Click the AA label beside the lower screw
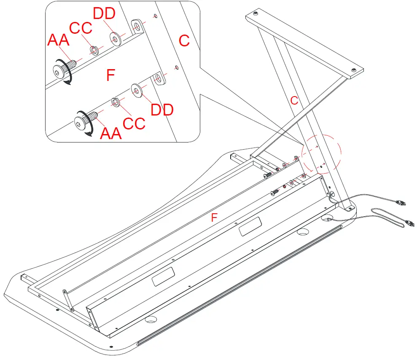coord(110,133)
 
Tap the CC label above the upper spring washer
coord(81,28)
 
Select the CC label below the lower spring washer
coord(134,123)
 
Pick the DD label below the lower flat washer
coord(162,110)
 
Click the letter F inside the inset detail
coord(110,75)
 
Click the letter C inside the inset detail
coord(184,40)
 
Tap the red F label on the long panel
coord(214,218)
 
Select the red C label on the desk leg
coord(294,100)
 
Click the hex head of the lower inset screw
coord(80,121)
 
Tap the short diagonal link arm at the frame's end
coord(68,300)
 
